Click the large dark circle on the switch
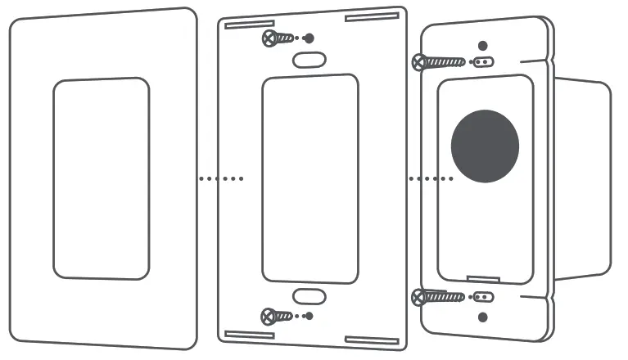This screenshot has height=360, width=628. click(x=485, y=146)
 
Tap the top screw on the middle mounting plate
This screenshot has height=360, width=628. click(x=277, y=38)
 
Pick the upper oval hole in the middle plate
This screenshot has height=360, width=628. click(x=309, y=60)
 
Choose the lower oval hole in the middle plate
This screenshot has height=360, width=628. click(x=309, y=295)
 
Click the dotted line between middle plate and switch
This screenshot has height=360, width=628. click(x=431, y=178)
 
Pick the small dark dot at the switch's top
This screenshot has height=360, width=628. click(x=482, y=44)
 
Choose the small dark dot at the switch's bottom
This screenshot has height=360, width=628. click(x=482, y=316)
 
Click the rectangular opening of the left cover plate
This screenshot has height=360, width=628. click(x=102, y=178)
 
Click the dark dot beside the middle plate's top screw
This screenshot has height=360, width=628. click(x=309, y=38)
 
